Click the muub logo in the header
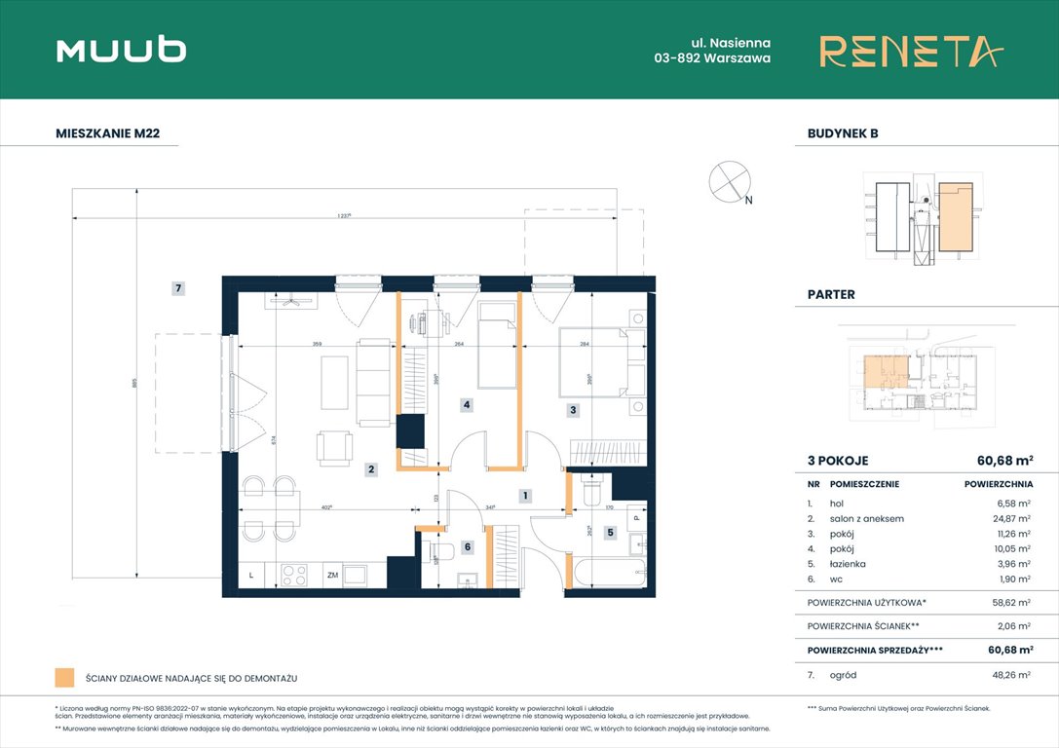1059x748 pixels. tap(121, 51)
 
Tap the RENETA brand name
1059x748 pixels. tap(910, 51)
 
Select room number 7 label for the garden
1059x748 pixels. tap(178, 288)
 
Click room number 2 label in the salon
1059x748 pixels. tap(371, 469)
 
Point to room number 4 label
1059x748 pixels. tap(467, 404)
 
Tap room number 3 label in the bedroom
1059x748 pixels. tap(573, 411)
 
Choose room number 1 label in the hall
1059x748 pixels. tap(525, 496)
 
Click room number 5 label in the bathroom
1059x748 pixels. tap(610, 533)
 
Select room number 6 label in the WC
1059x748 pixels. tap(467, 547)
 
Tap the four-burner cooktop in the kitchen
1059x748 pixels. tap(294, 576)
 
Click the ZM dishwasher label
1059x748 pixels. tap(332, 576)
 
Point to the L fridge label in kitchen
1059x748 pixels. tap(251, 576)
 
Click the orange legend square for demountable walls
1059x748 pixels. tap(65, 677)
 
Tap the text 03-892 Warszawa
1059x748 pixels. tap(712, 58)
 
